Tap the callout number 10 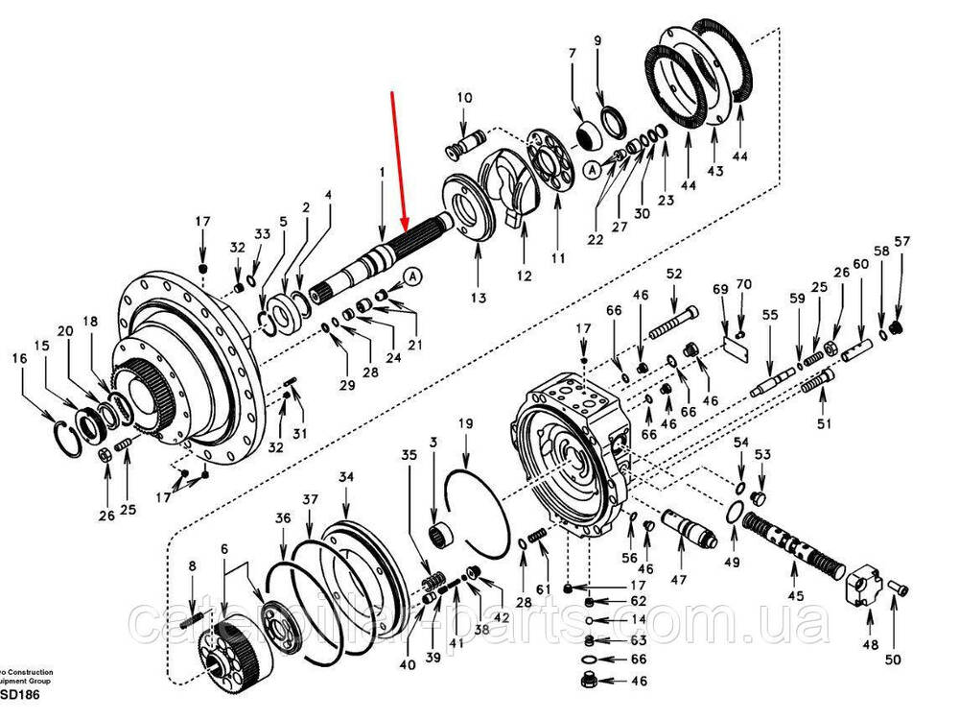(464, 97)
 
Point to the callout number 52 (674, 274)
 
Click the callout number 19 (465, 423)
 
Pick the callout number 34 (346, 477)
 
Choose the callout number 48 (870, 645)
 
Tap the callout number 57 (901, 241)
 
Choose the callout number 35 (409, 454)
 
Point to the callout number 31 (299, 433)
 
